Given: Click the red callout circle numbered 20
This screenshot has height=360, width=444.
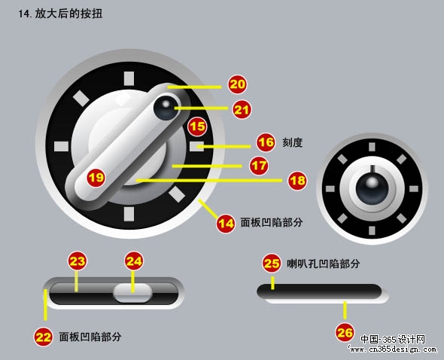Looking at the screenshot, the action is [x=237, y=84].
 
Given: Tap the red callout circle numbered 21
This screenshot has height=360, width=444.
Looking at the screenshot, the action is [x=242, y=110].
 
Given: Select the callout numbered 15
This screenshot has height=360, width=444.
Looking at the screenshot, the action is [x=197, y=126].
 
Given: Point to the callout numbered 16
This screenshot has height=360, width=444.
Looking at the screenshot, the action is [x=266, y=142].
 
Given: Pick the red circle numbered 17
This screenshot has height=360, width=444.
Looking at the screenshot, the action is [x=259, y=165].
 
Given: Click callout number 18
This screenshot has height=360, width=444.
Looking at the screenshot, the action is [x=297, y=181].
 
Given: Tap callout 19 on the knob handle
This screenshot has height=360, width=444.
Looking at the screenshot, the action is [x=96, y=178].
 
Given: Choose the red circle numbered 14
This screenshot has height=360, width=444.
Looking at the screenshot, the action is [x=226, y=224].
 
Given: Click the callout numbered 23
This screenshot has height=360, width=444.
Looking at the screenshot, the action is [x=77, y=261].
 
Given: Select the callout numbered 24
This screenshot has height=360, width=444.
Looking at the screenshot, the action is [x=134, y=261].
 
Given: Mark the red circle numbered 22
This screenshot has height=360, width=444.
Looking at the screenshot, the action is [x=43, y=337].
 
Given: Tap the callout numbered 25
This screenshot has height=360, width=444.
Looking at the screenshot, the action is [x=272, y=264].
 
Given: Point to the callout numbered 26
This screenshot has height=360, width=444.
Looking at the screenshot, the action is [x=345, y=332].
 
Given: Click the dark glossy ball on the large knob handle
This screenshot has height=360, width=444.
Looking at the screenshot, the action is [x=166, y=108].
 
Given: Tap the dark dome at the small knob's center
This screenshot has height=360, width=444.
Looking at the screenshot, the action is [x=372, y=189].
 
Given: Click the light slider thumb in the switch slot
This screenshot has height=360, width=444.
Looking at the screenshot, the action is [x=132, y=293].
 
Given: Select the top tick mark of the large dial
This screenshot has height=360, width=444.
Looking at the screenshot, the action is [x=129, y=78].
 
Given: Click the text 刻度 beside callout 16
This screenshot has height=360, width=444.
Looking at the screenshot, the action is [x=293, y=142].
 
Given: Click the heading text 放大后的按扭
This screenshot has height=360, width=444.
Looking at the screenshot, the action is [x=68, y=14].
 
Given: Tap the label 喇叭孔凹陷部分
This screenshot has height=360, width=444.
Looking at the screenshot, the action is [x=323, y=264].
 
